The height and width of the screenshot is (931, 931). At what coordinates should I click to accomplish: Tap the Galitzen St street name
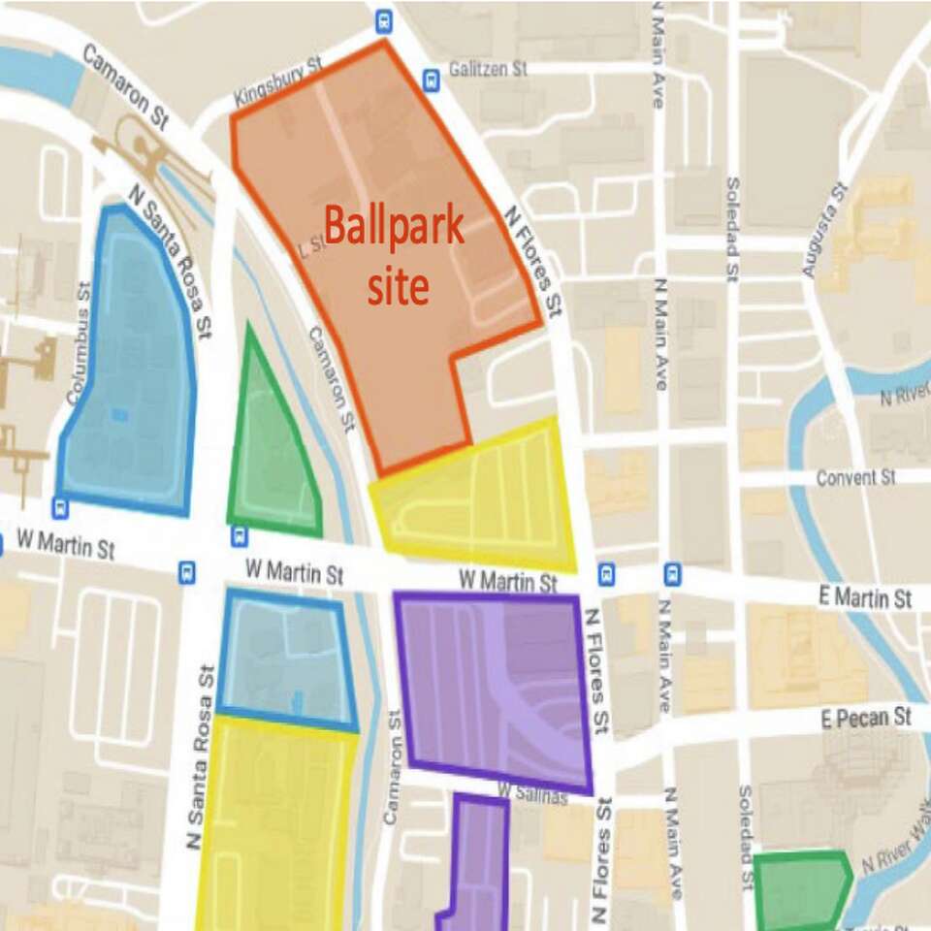[x=487, y=70]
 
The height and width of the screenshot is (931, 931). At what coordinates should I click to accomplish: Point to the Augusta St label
[x=826, y=231]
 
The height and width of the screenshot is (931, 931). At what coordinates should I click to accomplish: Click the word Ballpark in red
[x=394, y=227]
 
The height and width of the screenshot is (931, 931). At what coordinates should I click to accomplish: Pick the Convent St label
[x=855, y=478]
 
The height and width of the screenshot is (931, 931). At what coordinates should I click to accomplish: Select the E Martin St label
[x=864, y=597]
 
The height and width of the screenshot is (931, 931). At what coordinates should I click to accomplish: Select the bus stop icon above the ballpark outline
[x=385, y=18]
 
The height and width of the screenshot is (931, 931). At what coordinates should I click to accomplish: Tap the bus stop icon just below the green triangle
[x=239, y=536]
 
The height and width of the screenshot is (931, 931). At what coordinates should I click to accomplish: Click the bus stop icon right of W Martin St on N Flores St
[x=607, y=575]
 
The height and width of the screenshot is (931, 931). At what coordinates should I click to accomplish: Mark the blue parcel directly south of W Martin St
[x=284, y=659]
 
